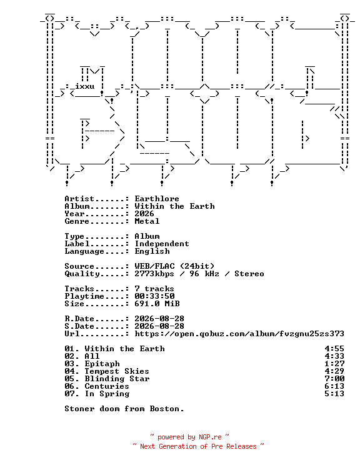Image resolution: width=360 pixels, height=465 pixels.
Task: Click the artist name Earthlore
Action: click(157, 199)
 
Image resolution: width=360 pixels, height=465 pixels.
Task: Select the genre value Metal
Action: click(147, 221)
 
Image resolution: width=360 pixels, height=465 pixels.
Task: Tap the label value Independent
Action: click(162, 244)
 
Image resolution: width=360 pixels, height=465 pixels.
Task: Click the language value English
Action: click(152, 251)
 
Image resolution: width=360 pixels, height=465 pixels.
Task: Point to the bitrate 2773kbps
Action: click(154, 274)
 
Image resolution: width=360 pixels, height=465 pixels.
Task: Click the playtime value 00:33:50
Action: click(154, 296)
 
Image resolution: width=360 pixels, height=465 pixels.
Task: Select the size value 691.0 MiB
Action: click(157, 304)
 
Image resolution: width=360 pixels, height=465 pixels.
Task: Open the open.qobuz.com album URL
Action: click(239, 334)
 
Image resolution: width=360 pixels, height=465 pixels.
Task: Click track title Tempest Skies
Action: click(117, 371)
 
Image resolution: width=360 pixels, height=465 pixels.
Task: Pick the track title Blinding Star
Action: click(117, 379)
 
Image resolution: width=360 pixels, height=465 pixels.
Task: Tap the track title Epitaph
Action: click(102, 364)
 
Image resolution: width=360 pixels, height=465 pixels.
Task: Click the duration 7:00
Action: click(334, 379)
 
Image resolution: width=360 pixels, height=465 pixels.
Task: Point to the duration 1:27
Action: click(334, 364)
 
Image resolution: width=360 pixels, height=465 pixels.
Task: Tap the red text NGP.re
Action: click(210, 437)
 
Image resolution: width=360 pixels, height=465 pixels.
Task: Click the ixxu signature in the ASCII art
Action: click(85, 86)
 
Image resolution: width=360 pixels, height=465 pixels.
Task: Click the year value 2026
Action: click(144, 214)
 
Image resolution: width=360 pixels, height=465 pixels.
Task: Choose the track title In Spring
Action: click(107, 394)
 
